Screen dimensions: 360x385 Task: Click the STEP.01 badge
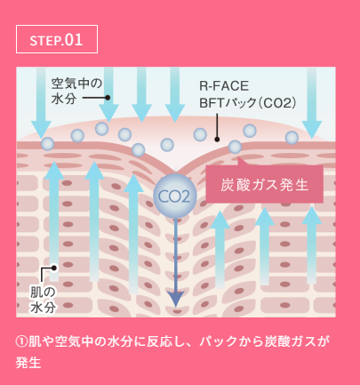(57, 39)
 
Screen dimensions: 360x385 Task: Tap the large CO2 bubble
(175, 196)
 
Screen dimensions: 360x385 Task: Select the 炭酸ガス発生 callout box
(265, 184)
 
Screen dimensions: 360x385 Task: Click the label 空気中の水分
(76, 92)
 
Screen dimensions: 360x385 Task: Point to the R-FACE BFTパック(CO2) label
(248, 94)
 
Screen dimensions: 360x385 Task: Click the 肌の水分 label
(44, 300)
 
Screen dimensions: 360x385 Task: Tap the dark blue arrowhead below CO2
(176, 299)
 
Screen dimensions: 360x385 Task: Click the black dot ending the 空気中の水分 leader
(108, 98)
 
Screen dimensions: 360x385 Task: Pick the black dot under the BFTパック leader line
(217, 139)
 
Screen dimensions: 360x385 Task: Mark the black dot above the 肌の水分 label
(53, 268)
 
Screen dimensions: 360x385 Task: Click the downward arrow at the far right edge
(311, 103)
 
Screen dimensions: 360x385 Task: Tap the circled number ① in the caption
(21, 341)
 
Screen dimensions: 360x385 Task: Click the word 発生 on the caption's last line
(28, 362)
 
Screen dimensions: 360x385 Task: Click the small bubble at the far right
(292, 138)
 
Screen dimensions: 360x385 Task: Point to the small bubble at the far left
(48, 144)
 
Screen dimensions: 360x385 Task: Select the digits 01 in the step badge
(74, 39)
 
